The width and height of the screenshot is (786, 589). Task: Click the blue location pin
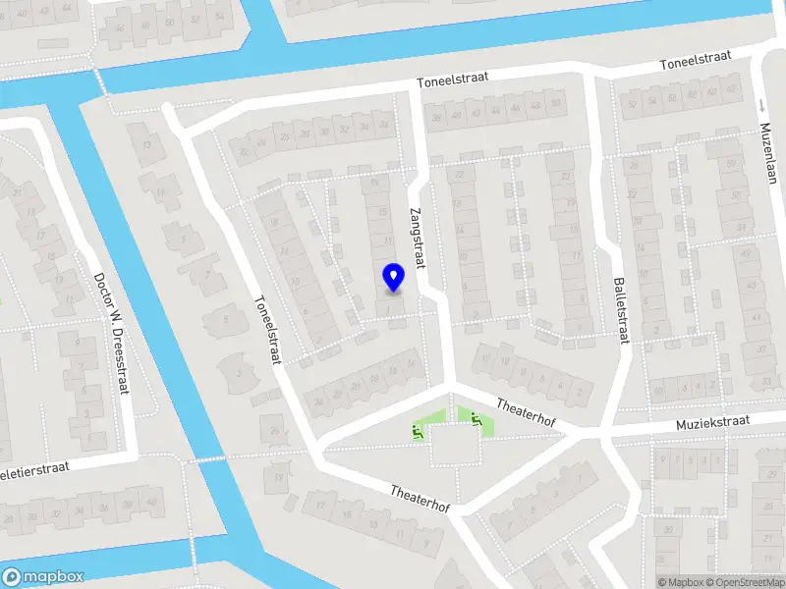(393, 277)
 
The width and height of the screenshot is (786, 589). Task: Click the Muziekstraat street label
(711, 421)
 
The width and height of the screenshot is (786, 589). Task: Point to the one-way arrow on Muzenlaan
(760, 103)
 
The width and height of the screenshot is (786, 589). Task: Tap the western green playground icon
(417, 428)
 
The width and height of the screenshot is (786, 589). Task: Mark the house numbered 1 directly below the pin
(392, 311)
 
